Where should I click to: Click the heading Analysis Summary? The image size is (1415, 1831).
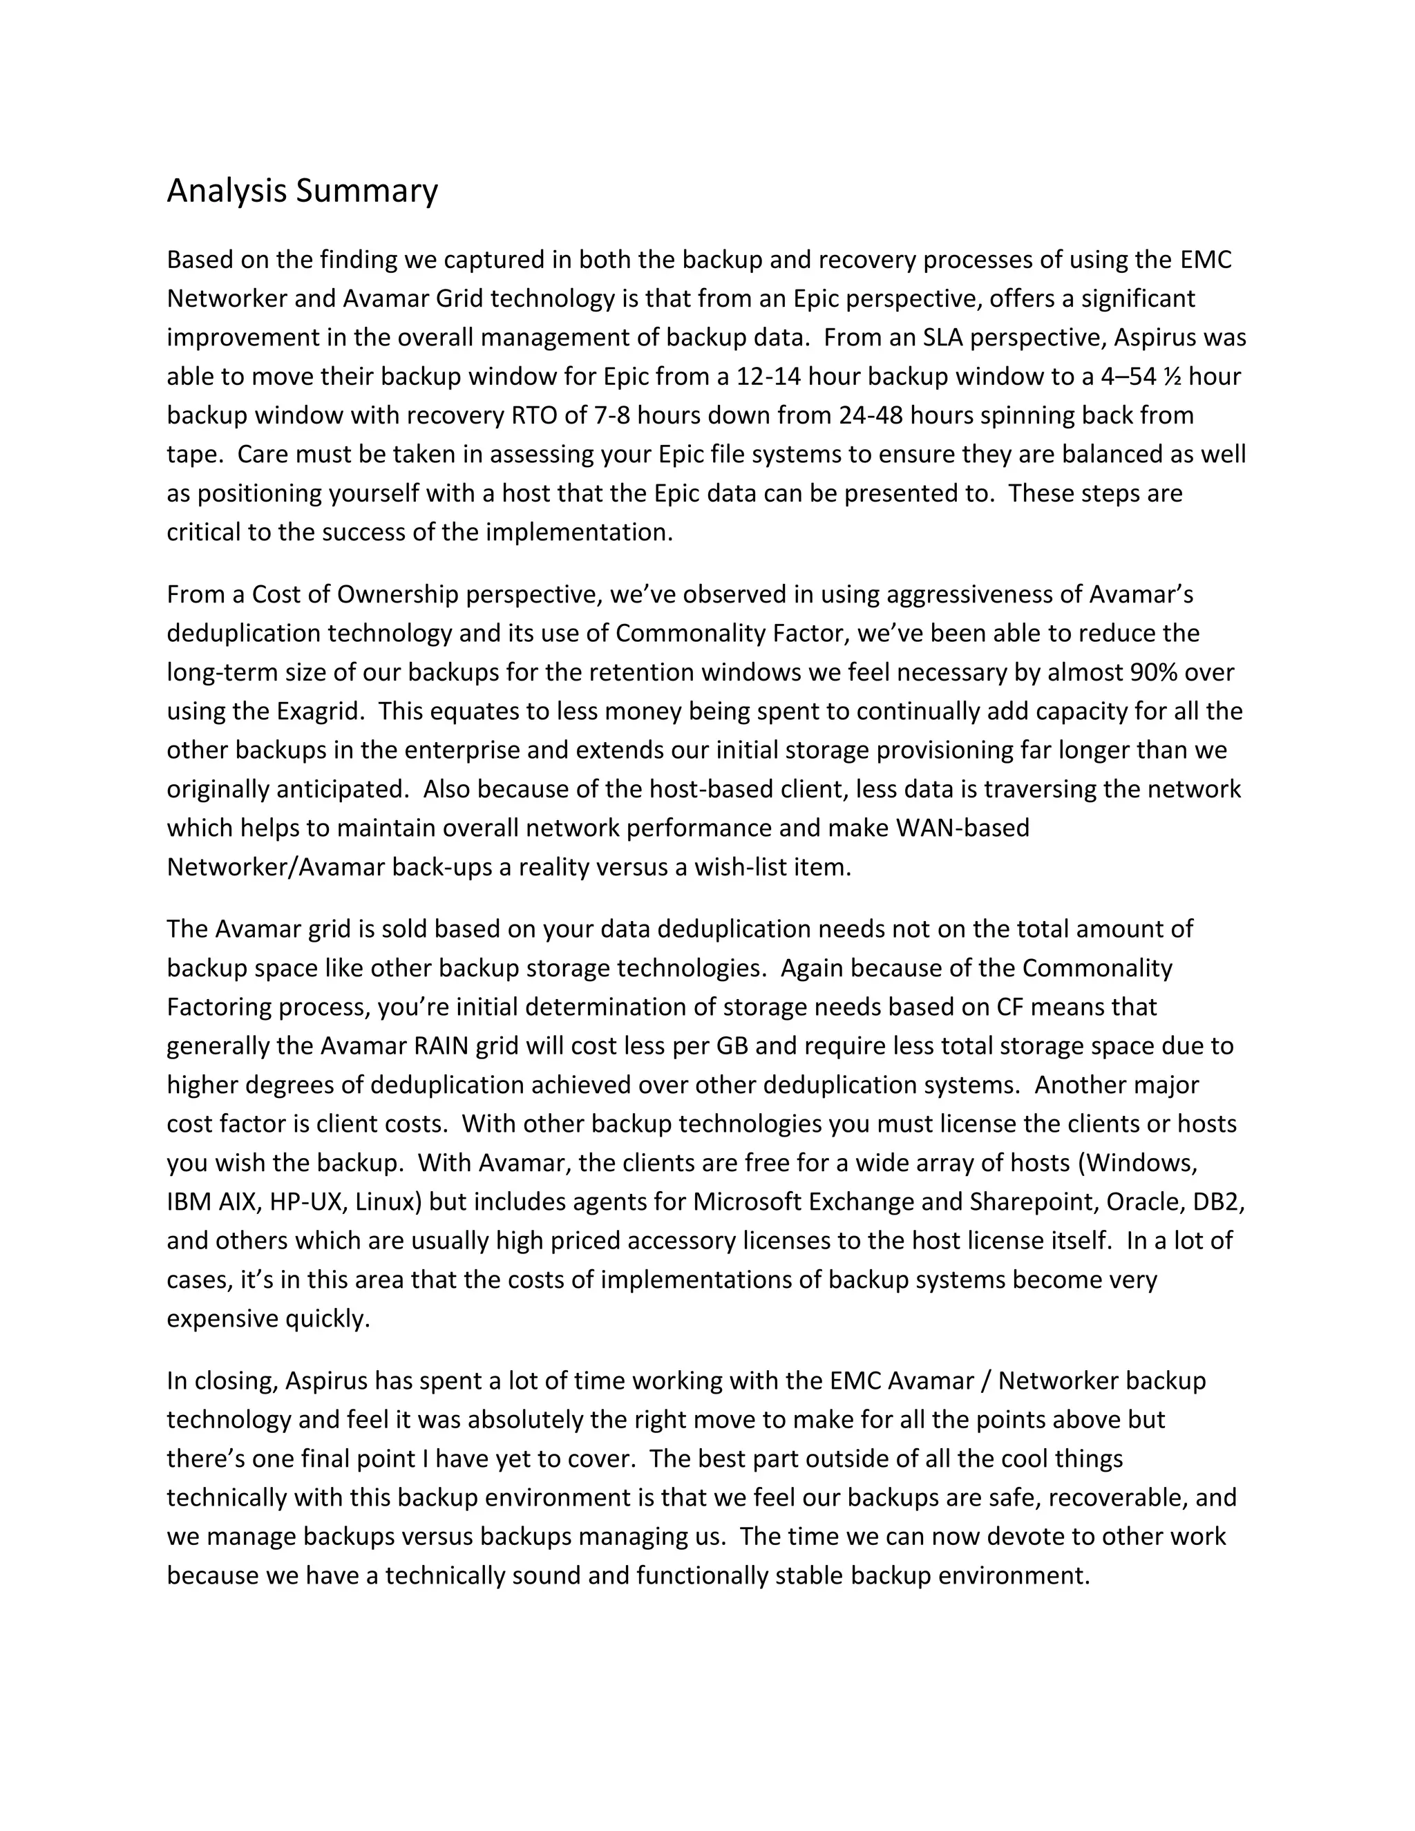[302, 191]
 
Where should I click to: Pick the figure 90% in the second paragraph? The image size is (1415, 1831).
[1160, 672]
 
